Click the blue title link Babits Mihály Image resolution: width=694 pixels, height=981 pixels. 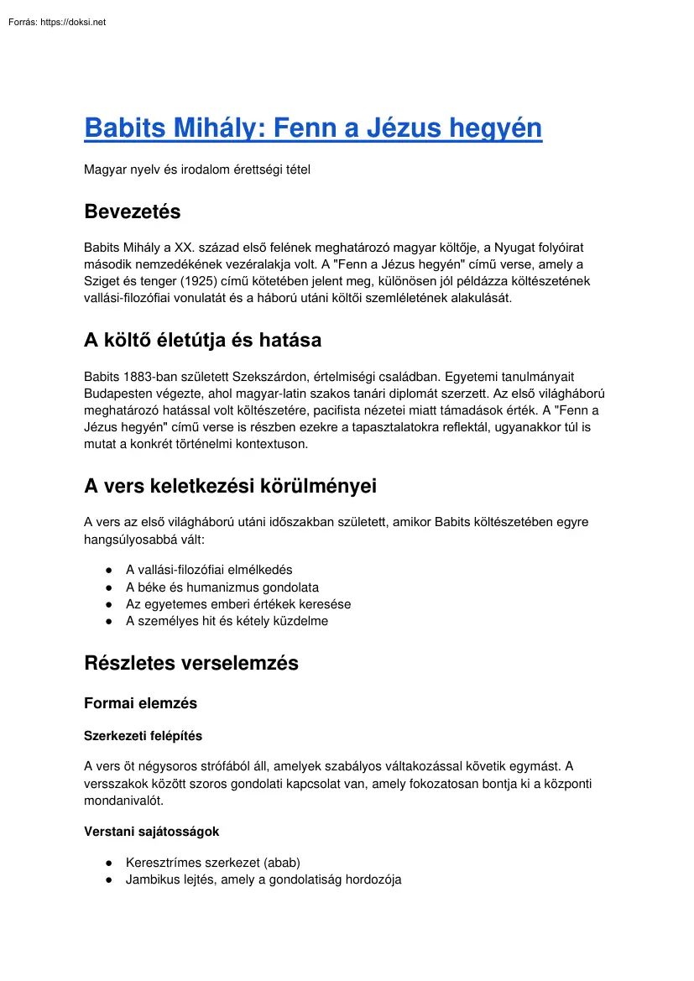coord(313,128)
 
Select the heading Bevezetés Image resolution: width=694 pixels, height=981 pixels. coord(133,211)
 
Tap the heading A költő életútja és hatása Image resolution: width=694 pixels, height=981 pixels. coord(202,340)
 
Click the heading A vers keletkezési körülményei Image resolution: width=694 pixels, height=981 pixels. coord(230,486)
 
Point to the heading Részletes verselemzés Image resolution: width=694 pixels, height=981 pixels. coord(191,663)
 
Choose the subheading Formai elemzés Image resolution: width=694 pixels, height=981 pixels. coord(140,702)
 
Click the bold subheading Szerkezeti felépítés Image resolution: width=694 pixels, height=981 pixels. coord(143,736)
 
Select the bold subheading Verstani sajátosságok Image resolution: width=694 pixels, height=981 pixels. coord(151,832)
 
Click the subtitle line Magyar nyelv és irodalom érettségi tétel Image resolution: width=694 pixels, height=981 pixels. coord(197,170)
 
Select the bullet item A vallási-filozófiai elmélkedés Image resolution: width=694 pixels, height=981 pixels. coord(209,570)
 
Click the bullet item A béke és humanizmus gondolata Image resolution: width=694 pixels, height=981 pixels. coord(222,587)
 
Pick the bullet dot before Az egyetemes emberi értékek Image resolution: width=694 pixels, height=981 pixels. coord(109,604)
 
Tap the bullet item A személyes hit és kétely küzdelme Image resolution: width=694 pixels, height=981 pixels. coord(227,621)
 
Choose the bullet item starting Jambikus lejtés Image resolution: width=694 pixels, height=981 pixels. coord(264,879)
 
